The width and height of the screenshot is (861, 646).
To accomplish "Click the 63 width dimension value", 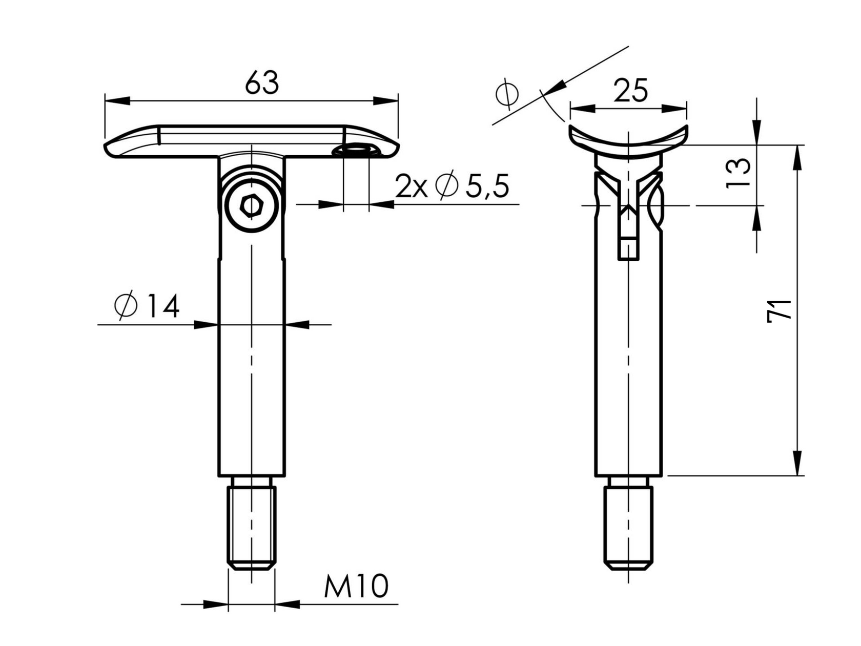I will [x=262, y=83].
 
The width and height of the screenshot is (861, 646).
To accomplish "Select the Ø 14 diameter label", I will [x=147, y=306].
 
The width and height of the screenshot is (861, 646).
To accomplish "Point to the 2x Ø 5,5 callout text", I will [x=452, y=186].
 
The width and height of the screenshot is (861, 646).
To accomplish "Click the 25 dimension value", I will [x=630, y=91].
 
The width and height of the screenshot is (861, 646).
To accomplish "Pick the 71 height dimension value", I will [x=778, y=310].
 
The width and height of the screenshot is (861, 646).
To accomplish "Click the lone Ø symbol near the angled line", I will [x=507, y=94].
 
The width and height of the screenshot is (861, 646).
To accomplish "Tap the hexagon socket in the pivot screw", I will [x=251, y=206].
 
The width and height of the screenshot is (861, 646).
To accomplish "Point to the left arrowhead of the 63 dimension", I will [x=117, y=101].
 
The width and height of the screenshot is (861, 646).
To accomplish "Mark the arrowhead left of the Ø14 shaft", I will [x=207, y=324].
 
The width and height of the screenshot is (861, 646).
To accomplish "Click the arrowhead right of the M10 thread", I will [x=288, y=605].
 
